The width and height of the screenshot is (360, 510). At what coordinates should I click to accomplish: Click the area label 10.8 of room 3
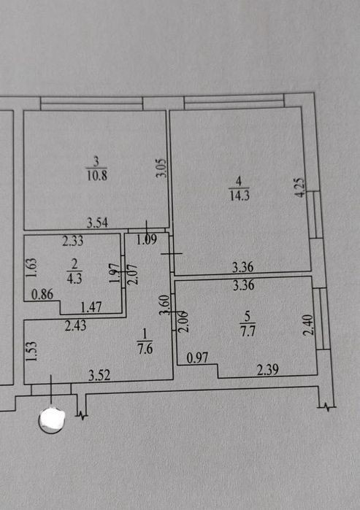96,176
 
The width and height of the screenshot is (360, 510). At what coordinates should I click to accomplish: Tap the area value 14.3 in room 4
240,196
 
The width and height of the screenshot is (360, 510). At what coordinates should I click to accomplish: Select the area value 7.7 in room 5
248,331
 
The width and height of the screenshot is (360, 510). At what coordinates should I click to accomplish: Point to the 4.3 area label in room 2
74,279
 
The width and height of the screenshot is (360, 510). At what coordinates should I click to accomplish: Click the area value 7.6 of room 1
145,349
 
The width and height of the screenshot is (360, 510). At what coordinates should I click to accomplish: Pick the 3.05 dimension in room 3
162,168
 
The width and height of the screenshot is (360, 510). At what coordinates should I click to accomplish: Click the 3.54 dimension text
97,223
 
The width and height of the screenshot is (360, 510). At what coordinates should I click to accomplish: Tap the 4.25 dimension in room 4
300,187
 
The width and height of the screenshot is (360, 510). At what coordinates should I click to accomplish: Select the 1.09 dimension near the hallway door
147,240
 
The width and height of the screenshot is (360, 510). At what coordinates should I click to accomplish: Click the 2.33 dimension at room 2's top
73,241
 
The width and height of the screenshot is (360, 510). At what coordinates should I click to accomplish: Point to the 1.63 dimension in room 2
31,267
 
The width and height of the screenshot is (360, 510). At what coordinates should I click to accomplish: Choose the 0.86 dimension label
42,295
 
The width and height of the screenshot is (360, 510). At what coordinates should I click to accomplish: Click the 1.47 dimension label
91,307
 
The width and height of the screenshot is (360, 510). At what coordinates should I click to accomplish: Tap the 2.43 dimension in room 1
75,325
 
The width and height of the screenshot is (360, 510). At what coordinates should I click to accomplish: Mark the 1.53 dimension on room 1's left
31,351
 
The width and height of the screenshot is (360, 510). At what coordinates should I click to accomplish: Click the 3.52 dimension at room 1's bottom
99,376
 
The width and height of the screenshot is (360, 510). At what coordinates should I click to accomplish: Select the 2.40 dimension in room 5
308,324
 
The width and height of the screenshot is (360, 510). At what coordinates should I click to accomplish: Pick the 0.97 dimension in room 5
197,358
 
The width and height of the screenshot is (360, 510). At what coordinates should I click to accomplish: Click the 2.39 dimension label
267,370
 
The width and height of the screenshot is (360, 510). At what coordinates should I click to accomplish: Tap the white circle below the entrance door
52,420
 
